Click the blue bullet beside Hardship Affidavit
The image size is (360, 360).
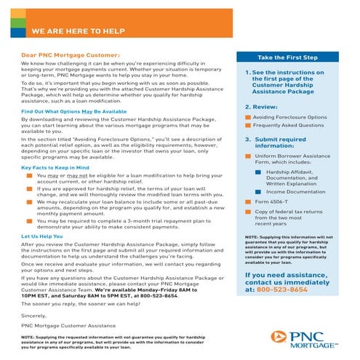tap(258, 172)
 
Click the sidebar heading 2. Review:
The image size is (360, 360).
tap(260, 106)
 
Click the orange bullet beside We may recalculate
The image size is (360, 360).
tap(30, 207)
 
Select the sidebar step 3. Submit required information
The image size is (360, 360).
tap(280, 141)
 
